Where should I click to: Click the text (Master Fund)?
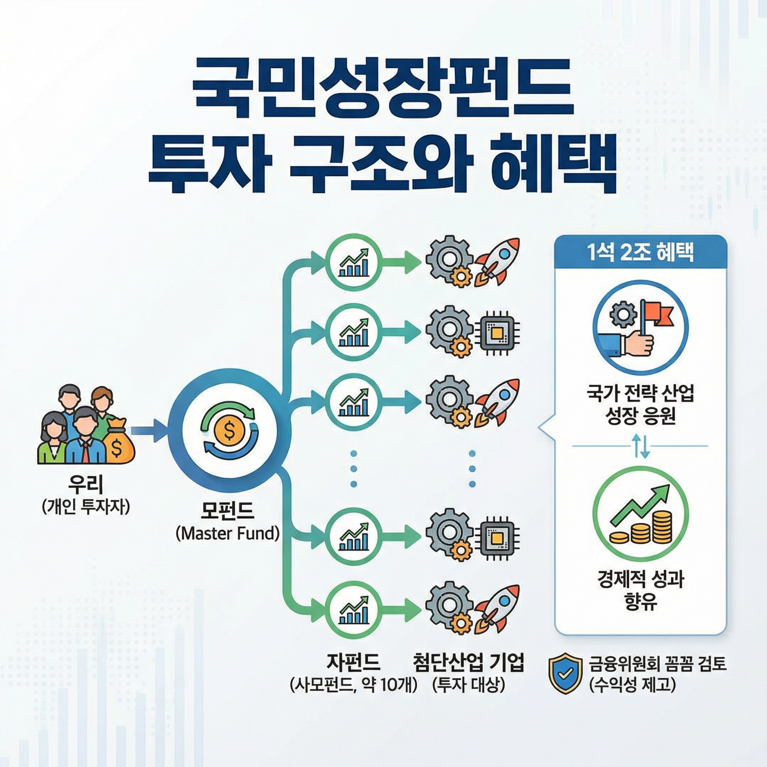[x=227, y=533]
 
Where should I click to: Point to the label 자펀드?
[x=353, y=662]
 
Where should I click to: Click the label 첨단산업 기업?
[x=469, y=662]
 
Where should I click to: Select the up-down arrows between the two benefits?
[x=640, y=446]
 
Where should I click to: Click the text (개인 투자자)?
[x=86, y=507]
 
